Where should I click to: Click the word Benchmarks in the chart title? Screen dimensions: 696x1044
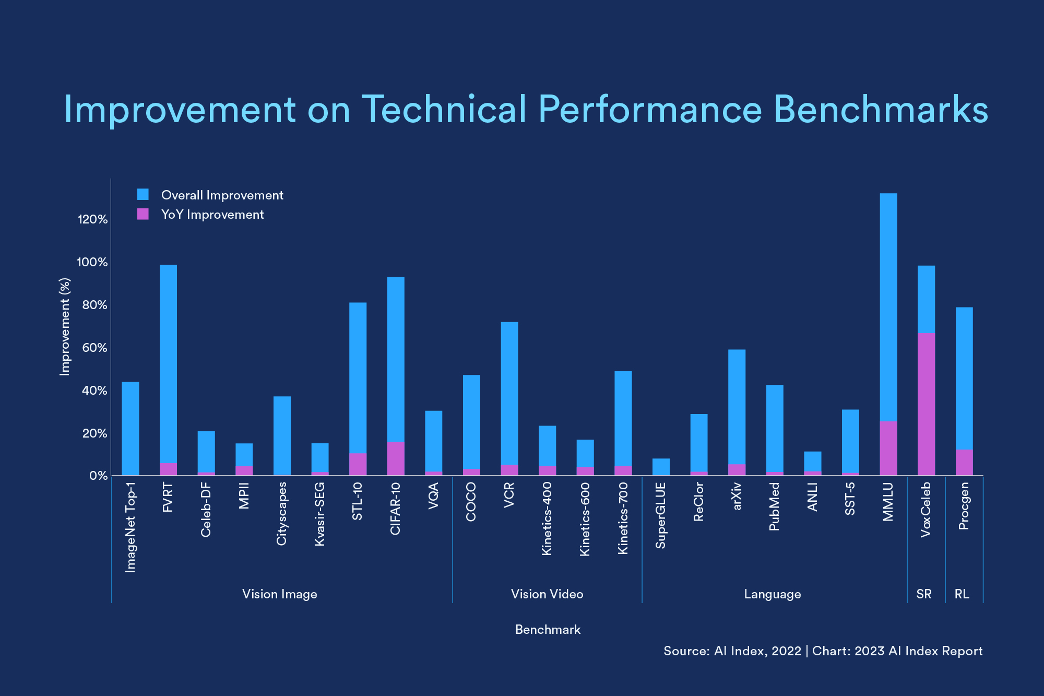pos(881,110)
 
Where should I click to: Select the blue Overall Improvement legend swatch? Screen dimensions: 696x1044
pos(143,195)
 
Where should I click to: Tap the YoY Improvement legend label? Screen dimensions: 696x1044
pos(212,215)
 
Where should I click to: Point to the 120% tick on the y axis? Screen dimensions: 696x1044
pos(92,219)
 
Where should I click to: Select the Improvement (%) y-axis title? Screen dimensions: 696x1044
pos(65,326)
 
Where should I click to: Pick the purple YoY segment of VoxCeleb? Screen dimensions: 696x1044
pos(926,404)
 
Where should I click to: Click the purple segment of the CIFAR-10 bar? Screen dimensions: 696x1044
pos(396,458)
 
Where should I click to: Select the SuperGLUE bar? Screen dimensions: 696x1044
pos(661,467)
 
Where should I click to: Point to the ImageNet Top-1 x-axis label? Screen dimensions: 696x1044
pos(130,527)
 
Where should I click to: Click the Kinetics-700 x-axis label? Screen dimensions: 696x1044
pos(623,518)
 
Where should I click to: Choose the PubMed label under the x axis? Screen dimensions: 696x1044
pos(774,506)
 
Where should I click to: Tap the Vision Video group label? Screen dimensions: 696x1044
pos(547,594)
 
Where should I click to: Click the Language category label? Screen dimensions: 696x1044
pos(772,594)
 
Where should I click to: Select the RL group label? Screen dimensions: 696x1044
pos(962,594)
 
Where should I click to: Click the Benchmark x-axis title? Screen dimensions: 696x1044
pos(548,630)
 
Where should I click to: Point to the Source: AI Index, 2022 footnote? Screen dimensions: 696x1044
pos(731,651)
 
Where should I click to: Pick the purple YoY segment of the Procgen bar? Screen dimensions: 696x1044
pos(964,463)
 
